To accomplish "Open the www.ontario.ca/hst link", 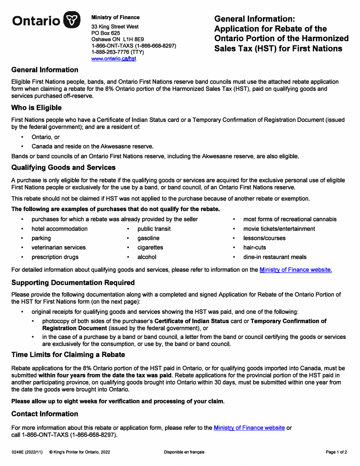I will (114, 59).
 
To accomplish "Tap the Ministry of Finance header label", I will (115, 17).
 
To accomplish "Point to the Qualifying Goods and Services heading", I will (64, 167).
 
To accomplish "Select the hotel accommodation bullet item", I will (59, 229).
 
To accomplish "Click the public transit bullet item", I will (154, 229).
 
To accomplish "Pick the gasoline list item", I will (148, 238).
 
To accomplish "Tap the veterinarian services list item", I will (58, 248).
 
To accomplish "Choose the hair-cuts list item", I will (255, 248).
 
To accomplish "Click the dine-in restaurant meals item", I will (275, 257).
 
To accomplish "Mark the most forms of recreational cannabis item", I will (290, 219).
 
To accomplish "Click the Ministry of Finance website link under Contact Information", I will (249, 428).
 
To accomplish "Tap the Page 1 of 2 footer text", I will (336, 452).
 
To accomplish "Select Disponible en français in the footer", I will (184, 452).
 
